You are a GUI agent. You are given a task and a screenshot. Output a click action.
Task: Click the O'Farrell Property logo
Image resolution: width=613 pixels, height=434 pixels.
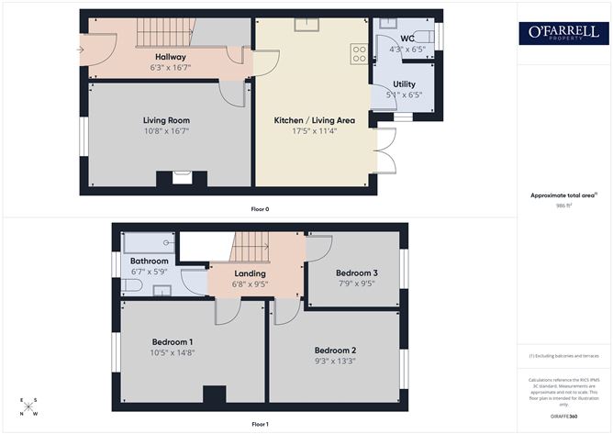(563, 34)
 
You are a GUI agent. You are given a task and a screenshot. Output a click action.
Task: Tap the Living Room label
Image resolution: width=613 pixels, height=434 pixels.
(166, 120)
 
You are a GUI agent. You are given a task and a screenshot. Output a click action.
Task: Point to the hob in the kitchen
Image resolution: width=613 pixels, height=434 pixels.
(358, 53)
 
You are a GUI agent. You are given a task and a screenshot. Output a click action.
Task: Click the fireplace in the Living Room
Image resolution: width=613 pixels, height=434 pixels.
(182, 177)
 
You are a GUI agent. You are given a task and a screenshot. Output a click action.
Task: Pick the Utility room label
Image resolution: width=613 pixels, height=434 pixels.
(404, 83)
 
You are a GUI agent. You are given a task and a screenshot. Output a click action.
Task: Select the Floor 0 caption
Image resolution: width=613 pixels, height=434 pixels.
(260, 209)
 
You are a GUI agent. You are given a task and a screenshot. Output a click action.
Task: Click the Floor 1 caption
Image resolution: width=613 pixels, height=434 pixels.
(260, 424)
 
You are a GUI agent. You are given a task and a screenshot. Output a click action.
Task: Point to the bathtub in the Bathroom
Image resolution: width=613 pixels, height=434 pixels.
(149, 243)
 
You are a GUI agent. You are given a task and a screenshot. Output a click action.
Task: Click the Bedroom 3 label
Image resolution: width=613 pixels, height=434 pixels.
(356, 273)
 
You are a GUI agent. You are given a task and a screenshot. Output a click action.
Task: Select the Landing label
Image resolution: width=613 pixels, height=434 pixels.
(250, 273)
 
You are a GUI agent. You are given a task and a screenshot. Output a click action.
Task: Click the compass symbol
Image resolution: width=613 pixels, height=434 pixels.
(29, 406)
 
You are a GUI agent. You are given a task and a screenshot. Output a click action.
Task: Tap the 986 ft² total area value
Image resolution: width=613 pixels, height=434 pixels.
(563, 206)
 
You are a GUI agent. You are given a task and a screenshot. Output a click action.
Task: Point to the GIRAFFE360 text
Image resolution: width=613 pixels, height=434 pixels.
(562, 417)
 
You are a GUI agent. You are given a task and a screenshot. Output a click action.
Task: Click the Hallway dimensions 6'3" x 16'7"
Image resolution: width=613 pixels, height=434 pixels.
(171, 67)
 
